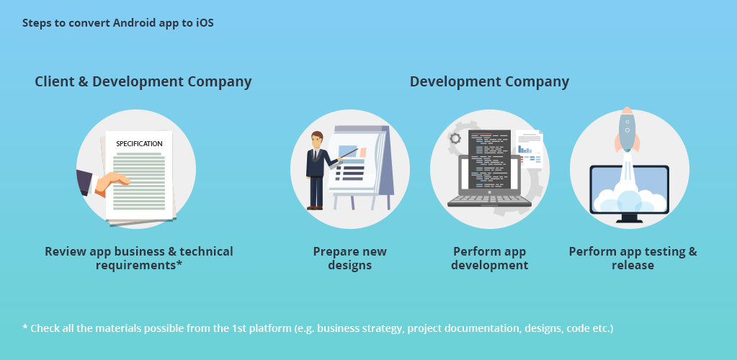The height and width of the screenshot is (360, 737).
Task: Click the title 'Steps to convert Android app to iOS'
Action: (x=118, y=22)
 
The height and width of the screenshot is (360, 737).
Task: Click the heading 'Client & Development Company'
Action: (x=143, y=82)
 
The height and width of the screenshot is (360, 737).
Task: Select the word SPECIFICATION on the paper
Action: (x=139, y=144)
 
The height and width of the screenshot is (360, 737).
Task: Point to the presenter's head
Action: (x=317, y=139)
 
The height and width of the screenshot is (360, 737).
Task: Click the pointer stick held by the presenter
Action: (x=348, y=153)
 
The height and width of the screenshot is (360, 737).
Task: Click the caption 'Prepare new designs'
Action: (x=349, y=258)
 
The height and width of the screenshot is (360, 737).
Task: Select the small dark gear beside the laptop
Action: (x=455, y=138)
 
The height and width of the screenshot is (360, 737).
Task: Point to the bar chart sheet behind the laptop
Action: (x=530, y=149)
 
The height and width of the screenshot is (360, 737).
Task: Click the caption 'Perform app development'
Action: (x=489, y=258)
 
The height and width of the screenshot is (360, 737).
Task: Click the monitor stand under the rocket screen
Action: (x=630, y=219)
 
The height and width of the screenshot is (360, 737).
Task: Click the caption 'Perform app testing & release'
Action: (x=633, y=258)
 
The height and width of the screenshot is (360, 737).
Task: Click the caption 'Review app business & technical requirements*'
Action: (x=139, y=258)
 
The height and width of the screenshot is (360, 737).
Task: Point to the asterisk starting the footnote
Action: (x=25, y=327)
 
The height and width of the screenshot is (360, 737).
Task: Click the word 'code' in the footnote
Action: (x=577, y=328)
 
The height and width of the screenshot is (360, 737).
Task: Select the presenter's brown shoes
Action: (x=315, y=207)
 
